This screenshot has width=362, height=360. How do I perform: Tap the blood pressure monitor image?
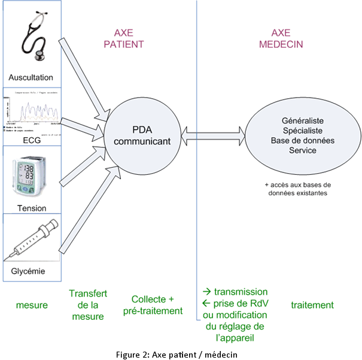(31, 177)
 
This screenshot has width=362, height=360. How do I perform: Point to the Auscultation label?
(31, 78)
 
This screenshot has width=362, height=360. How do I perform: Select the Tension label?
(31, 208)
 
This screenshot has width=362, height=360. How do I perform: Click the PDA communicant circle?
(142, 135)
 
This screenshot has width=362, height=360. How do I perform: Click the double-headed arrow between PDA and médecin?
(213, 135)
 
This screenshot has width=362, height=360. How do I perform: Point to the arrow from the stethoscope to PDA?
(84, 77)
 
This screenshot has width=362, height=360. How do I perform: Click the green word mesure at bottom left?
(31, 305)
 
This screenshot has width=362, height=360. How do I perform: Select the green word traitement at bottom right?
(312, 305)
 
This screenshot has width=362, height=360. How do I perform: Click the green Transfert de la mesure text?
(88, 305)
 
